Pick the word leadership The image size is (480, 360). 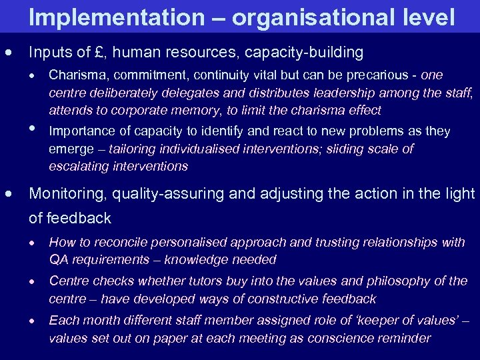(315, 93)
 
